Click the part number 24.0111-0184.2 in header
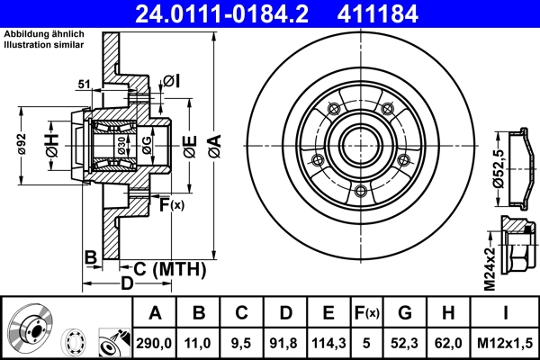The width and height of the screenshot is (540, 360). [x=232, y=13]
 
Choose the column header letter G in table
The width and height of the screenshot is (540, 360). [x=405, y=313]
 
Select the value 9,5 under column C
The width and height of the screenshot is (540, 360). [x=241, y=342]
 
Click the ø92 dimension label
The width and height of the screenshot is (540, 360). [x=20, y=144]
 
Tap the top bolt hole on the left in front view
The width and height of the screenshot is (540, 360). [x=333, y=109]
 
